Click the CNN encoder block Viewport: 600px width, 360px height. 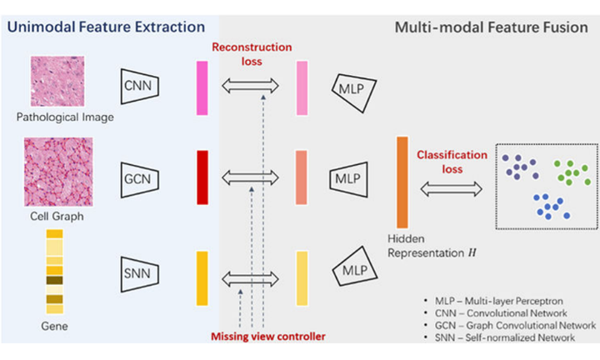(x=140, y=87)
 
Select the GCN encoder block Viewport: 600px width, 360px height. (x=140, y=180)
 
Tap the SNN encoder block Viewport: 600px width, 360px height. (x=140, y=274)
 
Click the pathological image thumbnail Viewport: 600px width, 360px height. (x=57, y=81)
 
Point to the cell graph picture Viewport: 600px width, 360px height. (x=58, y=172)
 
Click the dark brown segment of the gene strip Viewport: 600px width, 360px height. (x=55, y=281)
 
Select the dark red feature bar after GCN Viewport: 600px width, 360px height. (x=202, y=177)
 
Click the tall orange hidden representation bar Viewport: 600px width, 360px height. (x=402, y=182)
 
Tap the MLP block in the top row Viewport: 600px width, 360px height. (x=353, y=92)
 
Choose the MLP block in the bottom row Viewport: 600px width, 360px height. (x=355, y=267)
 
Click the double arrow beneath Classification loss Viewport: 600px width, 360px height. (x=451, y=189)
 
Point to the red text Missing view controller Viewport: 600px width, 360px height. (x=268, y=337)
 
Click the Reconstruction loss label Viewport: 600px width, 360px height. (x=252, y=54)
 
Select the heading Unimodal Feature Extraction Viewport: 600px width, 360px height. (x=106, y=27)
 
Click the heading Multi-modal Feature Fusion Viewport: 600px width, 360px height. (x=492, y=27)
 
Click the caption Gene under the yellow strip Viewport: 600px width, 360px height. (x=54, y=327)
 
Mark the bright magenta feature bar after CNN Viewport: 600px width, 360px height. (x=202, y=88)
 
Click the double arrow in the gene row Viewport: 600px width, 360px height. (x=250, y=279)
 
